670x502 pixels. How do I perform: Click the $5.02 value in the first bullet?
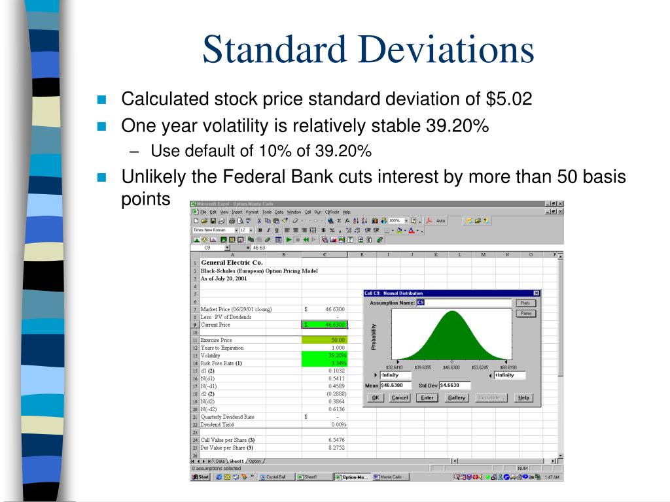click(509, 99)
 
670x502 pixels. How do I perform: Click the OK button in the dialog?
click(375, 397)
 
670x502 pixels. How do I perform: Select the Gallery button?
click(456, 397)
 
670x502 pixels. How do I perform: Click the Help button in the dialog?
click(523, 397)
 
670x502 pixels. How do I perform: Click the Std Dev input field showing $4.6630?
click(453, 386)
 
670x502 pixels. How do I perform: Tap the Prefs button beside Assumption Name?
click(525, 303)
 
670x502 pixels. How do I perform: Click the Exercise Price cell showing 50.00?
click(325, 340)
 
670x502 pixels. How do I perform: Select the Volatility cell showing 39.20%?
click(325, 355)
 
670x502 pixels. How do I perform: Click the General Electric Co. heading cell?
click(232, 262)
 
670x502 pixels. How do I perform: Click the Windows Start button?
click(200, 477)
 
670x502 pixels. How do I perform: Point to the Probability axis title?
click(374, 337)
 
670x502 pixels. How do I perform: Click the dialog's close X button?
click(537, 293)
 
